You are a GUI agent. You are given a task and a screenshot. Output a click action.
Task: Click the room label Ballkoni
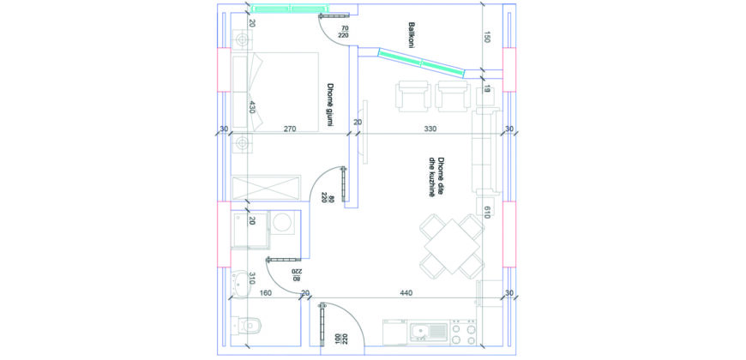(x=411, y=34)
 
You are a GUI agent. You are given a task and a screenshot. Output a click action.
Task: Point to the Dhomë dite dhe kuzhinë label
(x=436, y=177)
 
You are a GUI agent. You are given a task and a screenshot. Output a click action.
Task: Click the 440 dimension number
(x=406, y=293)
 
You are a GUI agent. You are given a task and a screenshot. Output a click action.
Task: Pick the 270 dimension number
(x=290, y=129)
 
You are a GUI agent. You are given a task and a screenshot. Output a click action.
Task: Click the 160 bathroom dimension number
(x=266, y=293)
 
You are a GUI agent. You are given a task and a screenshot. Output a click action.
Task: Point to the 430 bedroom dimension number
(x=252, y=106)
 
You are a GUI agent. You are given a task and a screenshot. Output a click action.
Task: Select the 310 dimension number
(x=252, y=279)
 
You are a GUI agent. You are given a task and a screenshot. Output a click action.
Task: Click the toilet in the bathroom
(x=247, y=325)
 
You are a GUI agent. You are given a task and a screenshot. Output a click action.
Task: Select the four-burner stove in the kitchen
(x=463, y=333)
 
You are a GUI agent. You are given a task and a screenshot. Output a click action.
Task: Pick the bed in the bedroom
(x=275, y=92)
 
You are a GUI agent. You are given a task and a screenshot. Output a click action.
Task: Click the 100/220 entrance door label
(x=341, y=339)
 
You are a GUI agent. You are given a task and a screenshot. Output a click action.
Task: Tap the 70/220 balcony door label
(x=343, y=32)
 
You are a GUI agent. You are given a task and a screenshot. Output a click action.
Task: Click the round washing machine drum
(x=285, y=223)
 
